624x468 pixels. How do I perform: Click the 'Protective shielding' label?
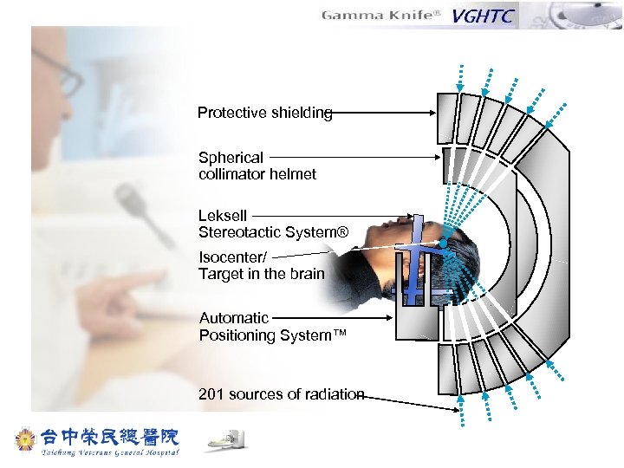[264, 113]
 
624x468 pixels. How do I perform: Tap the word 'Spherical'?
[231, 158]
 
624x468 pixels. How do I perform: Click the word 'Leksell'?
[223, 216]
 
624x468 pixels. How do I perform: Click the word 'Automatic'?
[234, 318]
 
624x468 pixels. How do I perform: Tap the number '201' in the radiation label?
[211, 394]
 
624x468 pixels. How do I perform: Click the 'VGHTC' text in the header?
[484, 16]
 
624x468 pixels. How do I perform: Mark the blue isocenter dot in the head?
[441, 245]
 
